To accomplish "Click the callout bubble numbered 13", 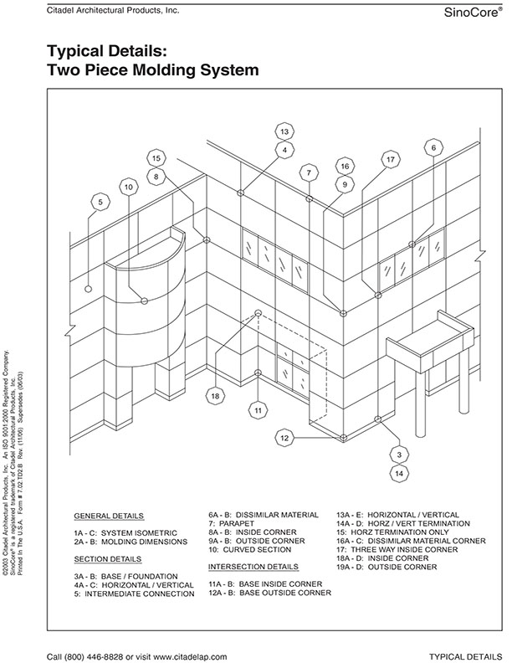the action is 284,131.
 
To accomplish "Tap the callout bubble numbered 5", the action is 100,202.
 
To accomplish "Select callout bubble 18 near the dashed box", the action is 216,396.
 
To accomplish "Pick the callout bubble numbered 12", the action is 284,438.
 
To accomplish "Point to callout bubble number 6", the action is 433,148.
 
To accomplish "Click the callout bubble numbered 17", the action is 391,159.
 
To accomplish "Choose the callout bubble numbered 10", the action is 129,187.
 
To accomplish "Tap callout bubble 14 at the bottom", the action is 399,474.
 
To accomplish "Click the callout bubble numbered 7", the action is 309,172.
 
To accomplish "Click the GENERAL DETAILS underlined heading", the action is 109,516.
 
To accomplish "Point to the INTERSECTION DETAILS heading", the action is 253,567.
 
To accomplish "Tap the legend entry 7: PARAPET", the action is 232,523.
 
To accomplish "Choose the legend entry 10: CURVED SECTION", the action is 250,550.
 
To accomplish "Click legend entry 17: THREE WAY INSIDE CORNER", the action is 397,550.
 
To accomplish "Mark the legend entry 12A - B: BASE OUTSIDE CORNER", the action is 270,593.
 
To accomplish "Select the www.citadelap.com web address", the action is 190,656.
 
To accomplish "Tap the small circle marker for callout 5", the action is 89,289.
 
